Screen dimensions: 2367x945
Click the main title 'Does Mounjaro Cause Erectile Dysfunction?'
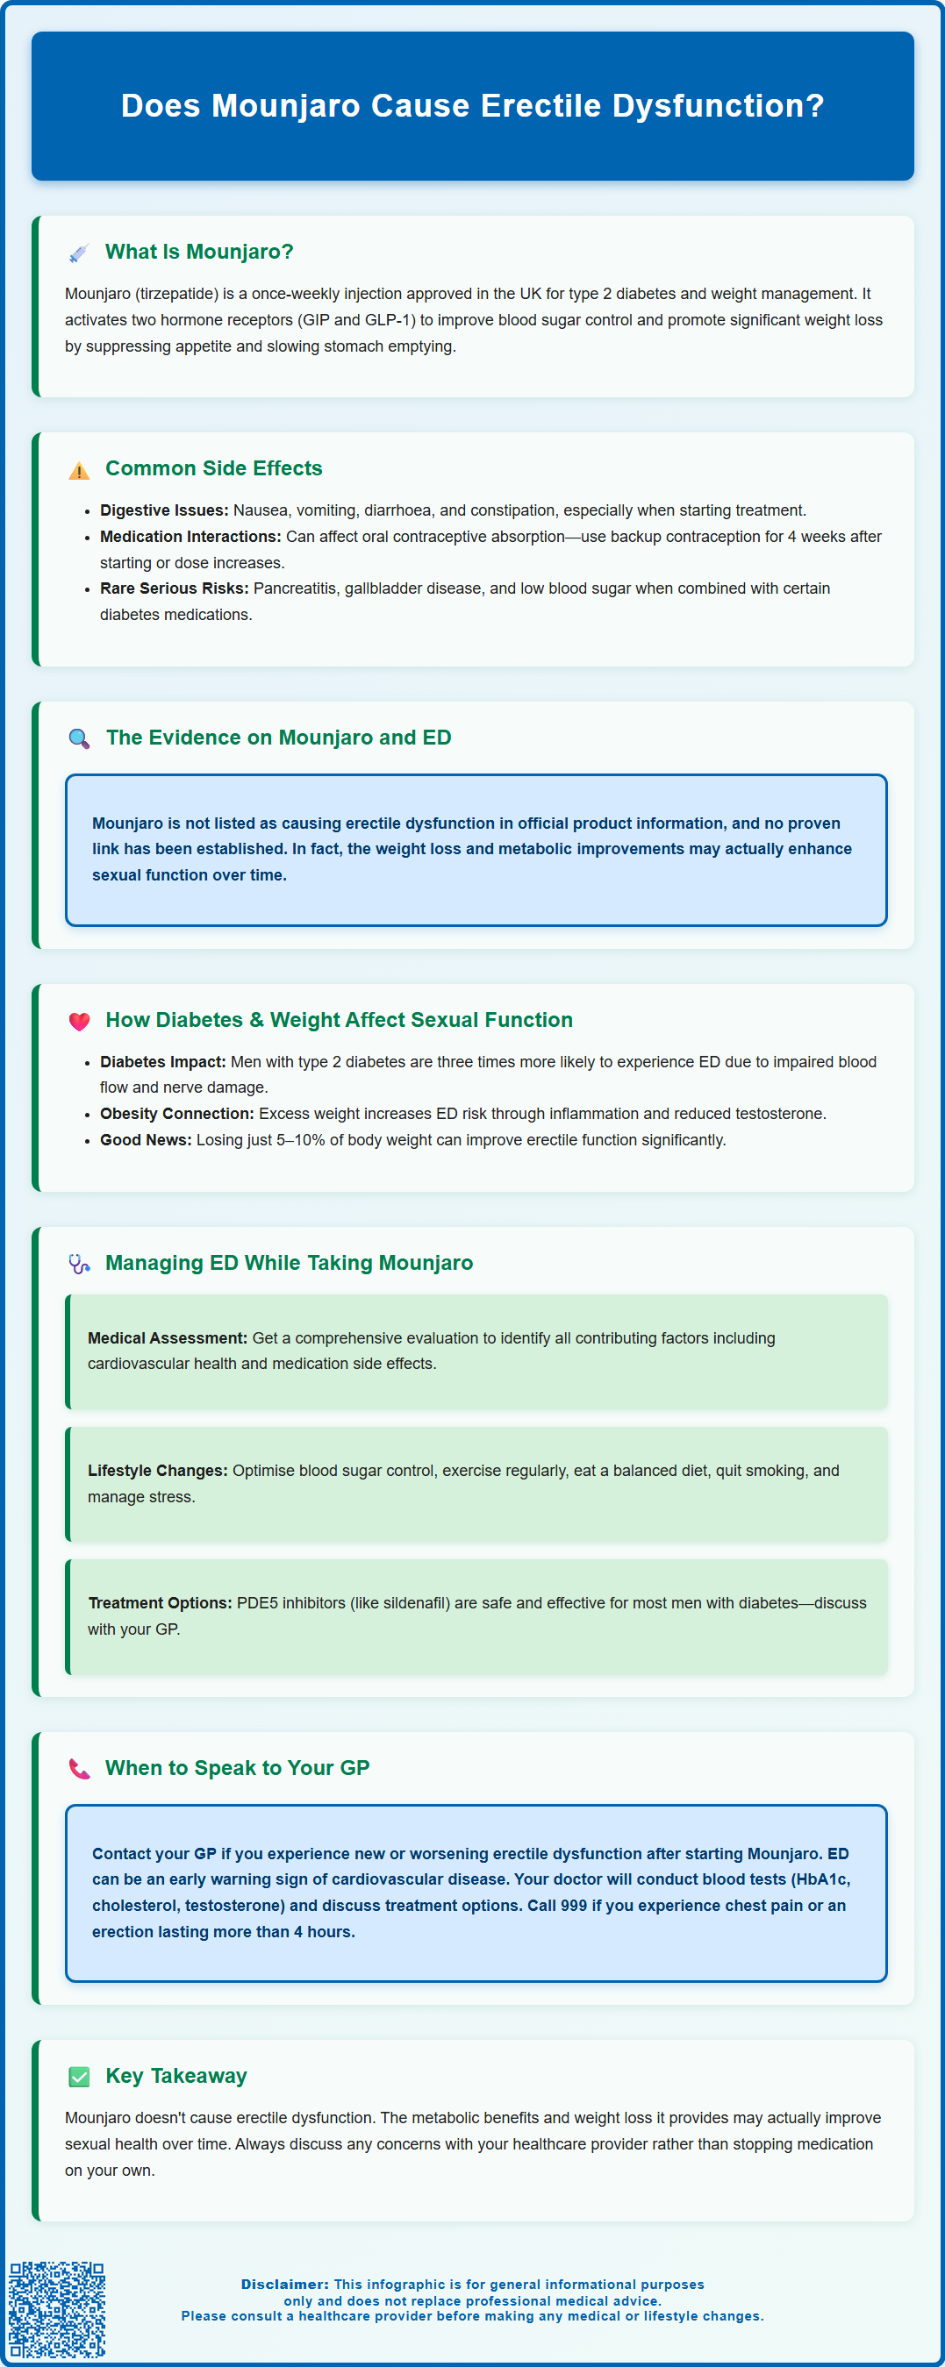(472, 105)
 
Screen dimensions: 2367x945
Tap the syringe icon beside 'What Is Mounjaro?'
(79, 253)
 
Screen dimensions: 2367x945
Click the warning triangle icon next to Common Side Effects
(79, 470)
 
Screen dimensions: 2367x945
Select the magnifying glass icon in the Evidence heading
(79, 738)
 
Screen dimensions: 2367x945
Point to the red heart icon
(79, 1021)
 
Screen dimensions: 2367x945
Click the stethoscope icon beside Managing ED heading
(79, 1265)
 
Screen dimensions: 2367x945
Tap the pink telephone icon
(79, 1769)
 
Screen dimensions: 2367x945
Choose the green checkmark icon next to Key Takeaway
(79, 2077)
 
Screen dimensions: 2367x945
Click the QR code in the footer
(57, 2308)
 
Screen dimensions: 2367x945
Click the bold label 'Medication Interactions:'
(190, 537)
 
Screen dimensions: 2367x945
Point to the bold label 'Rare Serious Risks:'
(175, 588)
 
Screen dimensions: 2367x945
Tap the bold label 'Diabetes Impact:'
(162, 1061)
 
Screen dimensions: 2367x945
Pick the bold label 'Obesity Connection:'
(176, 1114)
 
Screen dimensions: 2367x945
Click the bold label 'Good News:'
(147, 1140)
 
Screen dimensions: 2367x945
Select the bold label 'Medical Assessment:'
(168, 1338)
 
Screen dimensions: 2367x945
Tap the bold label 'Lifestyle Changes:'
(157, 1470)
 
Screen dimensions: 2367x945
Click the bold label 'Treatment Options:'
(160, 1602)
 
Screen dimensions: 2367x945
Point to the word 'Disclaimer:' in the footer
(285, 2285)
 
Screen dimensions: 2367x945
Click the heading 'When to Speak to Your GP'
(237, 1768)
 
